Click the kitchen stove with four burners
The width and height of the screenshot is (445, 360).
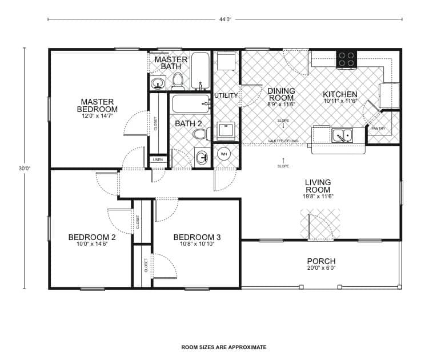point(346,58)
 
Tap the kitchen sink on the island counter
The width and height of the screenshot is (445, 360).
point(342,135)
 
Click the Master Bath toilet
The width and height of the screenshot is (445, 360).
point(178,80)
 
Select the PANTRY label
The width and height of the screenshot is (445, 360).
point(378,128)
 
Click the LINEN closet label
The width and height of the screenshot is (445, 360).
point(158,160)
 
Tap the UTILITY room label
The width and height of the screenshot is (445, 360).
point(226,95)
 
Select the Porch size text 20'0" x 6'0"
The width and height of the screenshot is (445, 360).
point(321,268)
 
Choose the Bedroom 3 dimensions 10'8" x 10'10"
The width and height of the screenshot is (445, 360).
point(197,245)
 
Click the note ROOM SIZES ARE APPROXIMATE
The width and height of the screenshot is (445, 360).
point(223,347)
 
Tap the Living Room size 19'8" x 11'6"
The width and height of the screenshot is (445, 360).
point(318,197)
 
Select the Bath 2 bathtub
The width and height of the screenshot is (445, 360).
point(191,105)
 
